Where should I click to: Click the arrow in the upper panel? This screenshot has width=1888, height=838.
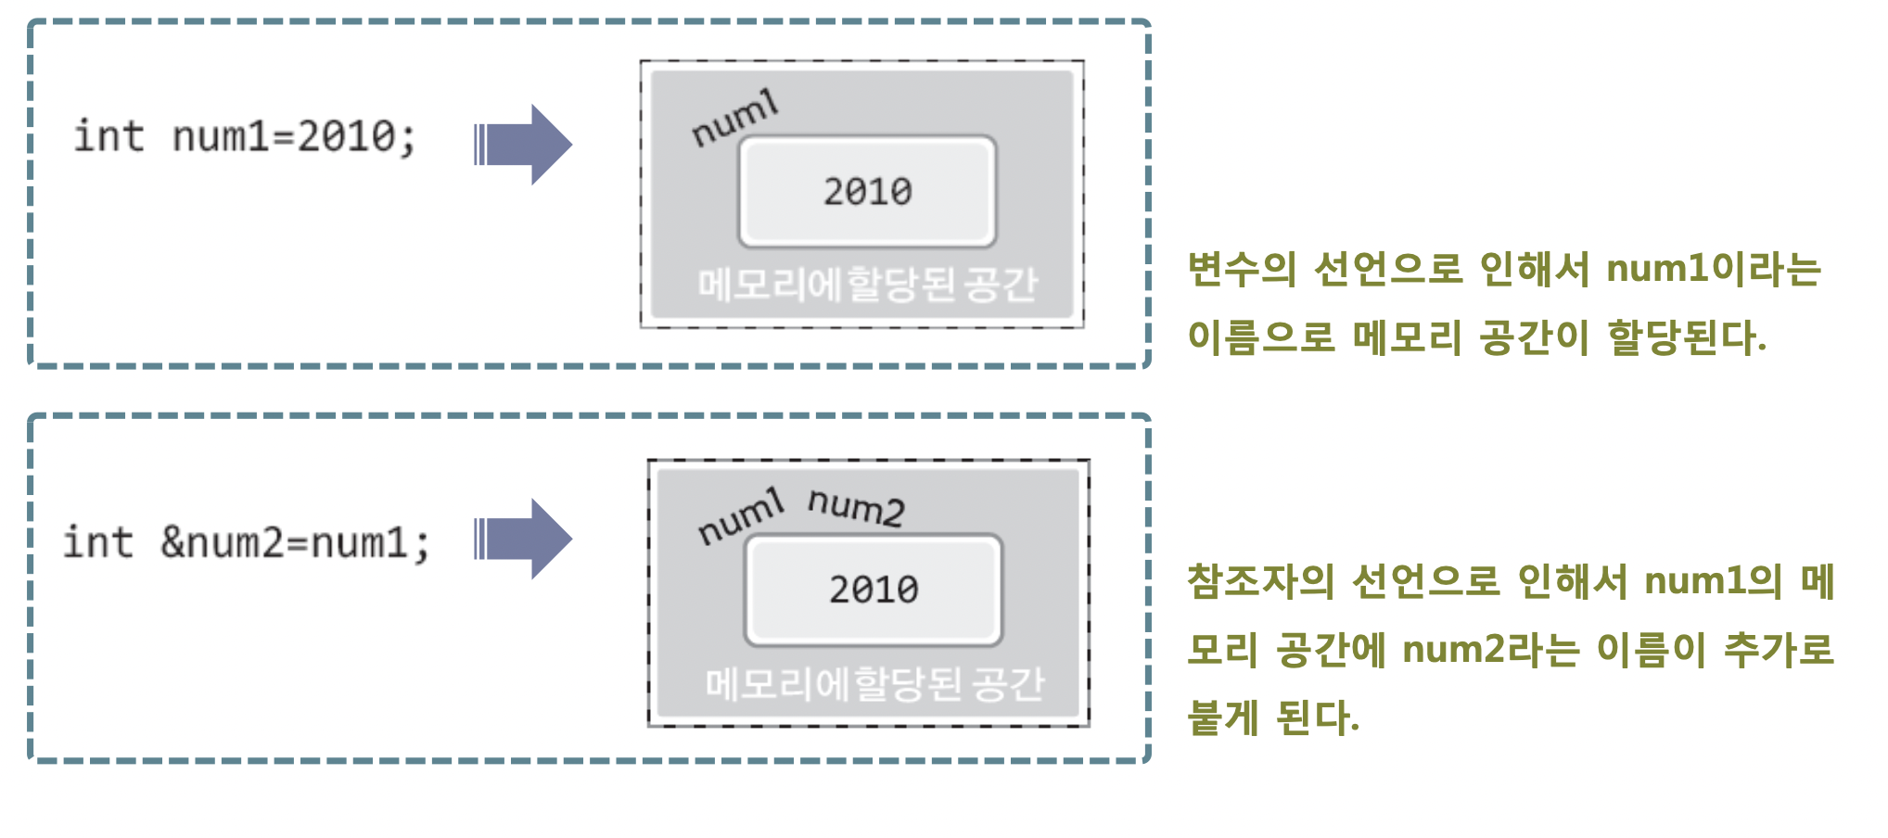pos(523,145)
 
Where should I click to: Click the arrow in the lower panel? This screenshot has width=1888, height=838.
pos(523,540)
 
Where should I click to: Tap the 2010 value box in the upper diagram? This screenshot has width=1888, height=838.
pos(868,192)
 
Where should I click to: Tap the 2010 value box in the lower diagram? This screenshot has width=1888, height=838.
pos(874,590)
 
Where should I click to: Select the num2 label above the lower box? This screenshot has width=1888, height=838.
pos(855,507)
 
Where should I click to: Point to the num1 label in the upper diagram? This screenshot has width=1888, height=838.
pos(734,119)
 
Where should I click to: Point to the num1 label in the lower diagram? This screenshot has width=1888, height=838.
pos(740,517)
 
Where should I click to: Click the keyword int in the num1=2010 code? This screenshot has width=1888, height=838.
pos(108,136)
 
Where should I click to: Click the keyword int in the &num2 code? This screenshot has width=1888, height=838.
pos(97,542)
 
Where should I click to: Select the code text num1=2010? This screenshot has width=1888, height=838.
pos(294,137)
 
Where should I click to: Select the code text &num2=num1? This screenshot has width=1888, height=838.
pos(295,543)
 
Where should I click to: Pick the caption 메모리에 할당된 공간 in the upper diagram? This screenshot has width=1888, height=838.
pos(867,285)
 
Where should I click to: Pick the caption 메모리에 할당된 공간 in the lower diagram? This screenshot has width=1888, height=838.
pos(874,684)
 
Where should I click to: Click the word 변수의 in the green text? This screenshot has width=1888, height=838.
pos(1242,269)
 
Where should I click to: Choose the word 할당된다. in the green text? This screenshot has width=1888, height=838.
pos(1687,336)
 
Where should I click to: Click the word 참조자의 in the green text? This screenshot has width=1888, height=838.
pos(1260,581)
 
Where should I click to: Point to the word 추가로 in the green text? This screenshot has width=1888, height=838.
pos(1779,649)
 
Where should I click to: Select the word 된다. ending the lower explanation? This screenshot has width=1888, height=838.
pos(1318,717)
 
